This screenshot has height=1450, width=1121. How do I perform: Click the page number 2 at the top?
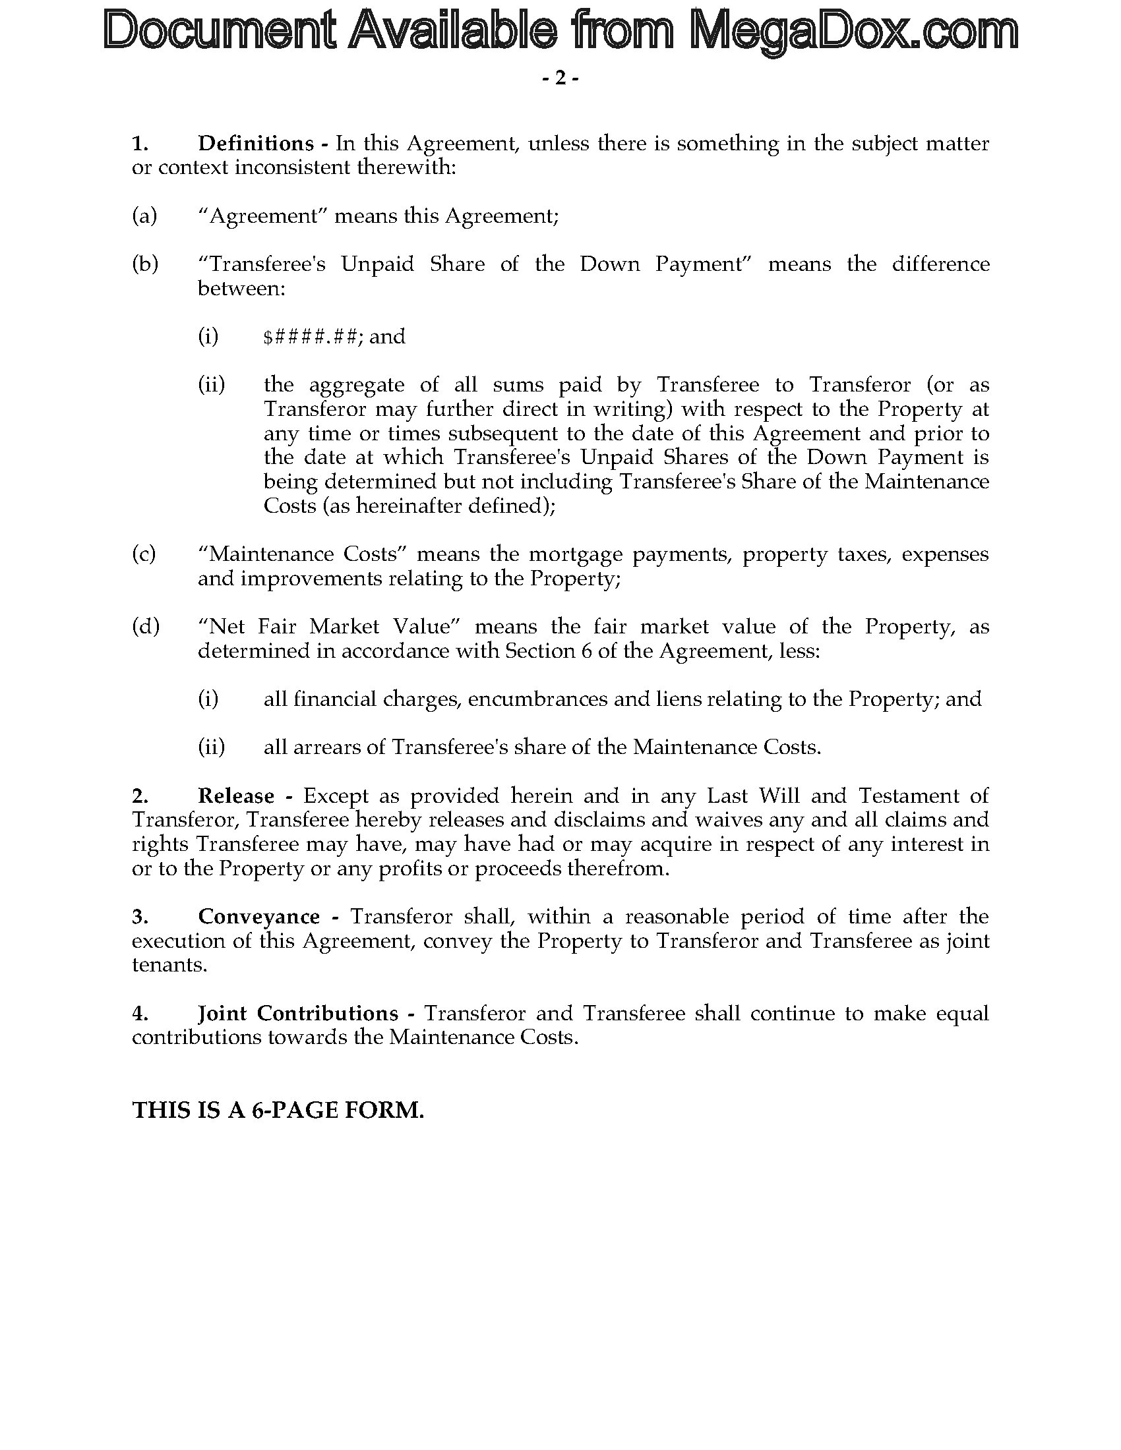560,78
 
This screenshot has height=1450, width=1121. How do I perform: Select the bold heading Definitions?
256,144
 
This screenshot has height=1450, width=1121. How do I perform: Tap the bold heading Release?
236,796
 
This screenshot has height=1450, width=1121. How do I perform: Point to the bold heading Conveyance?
258,916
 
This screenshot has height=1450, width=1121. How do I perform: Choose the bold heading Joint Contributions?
297,1013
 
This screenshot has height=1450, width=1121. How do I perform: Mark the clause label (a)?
144,216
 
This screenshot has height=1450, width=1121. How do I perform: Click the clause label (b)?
145,264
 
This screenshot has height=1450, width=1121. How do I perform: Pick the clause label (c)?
144,554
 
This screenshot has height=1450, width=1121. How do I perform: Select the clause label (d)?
146,626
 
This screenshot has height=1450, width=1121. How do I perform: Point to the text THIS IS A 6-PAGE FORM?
278,1110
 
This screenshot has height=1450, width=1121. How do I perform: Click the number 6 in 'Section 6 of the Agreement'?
586,651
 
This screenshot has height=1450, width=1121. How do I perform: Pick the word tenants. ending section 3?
169,965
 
